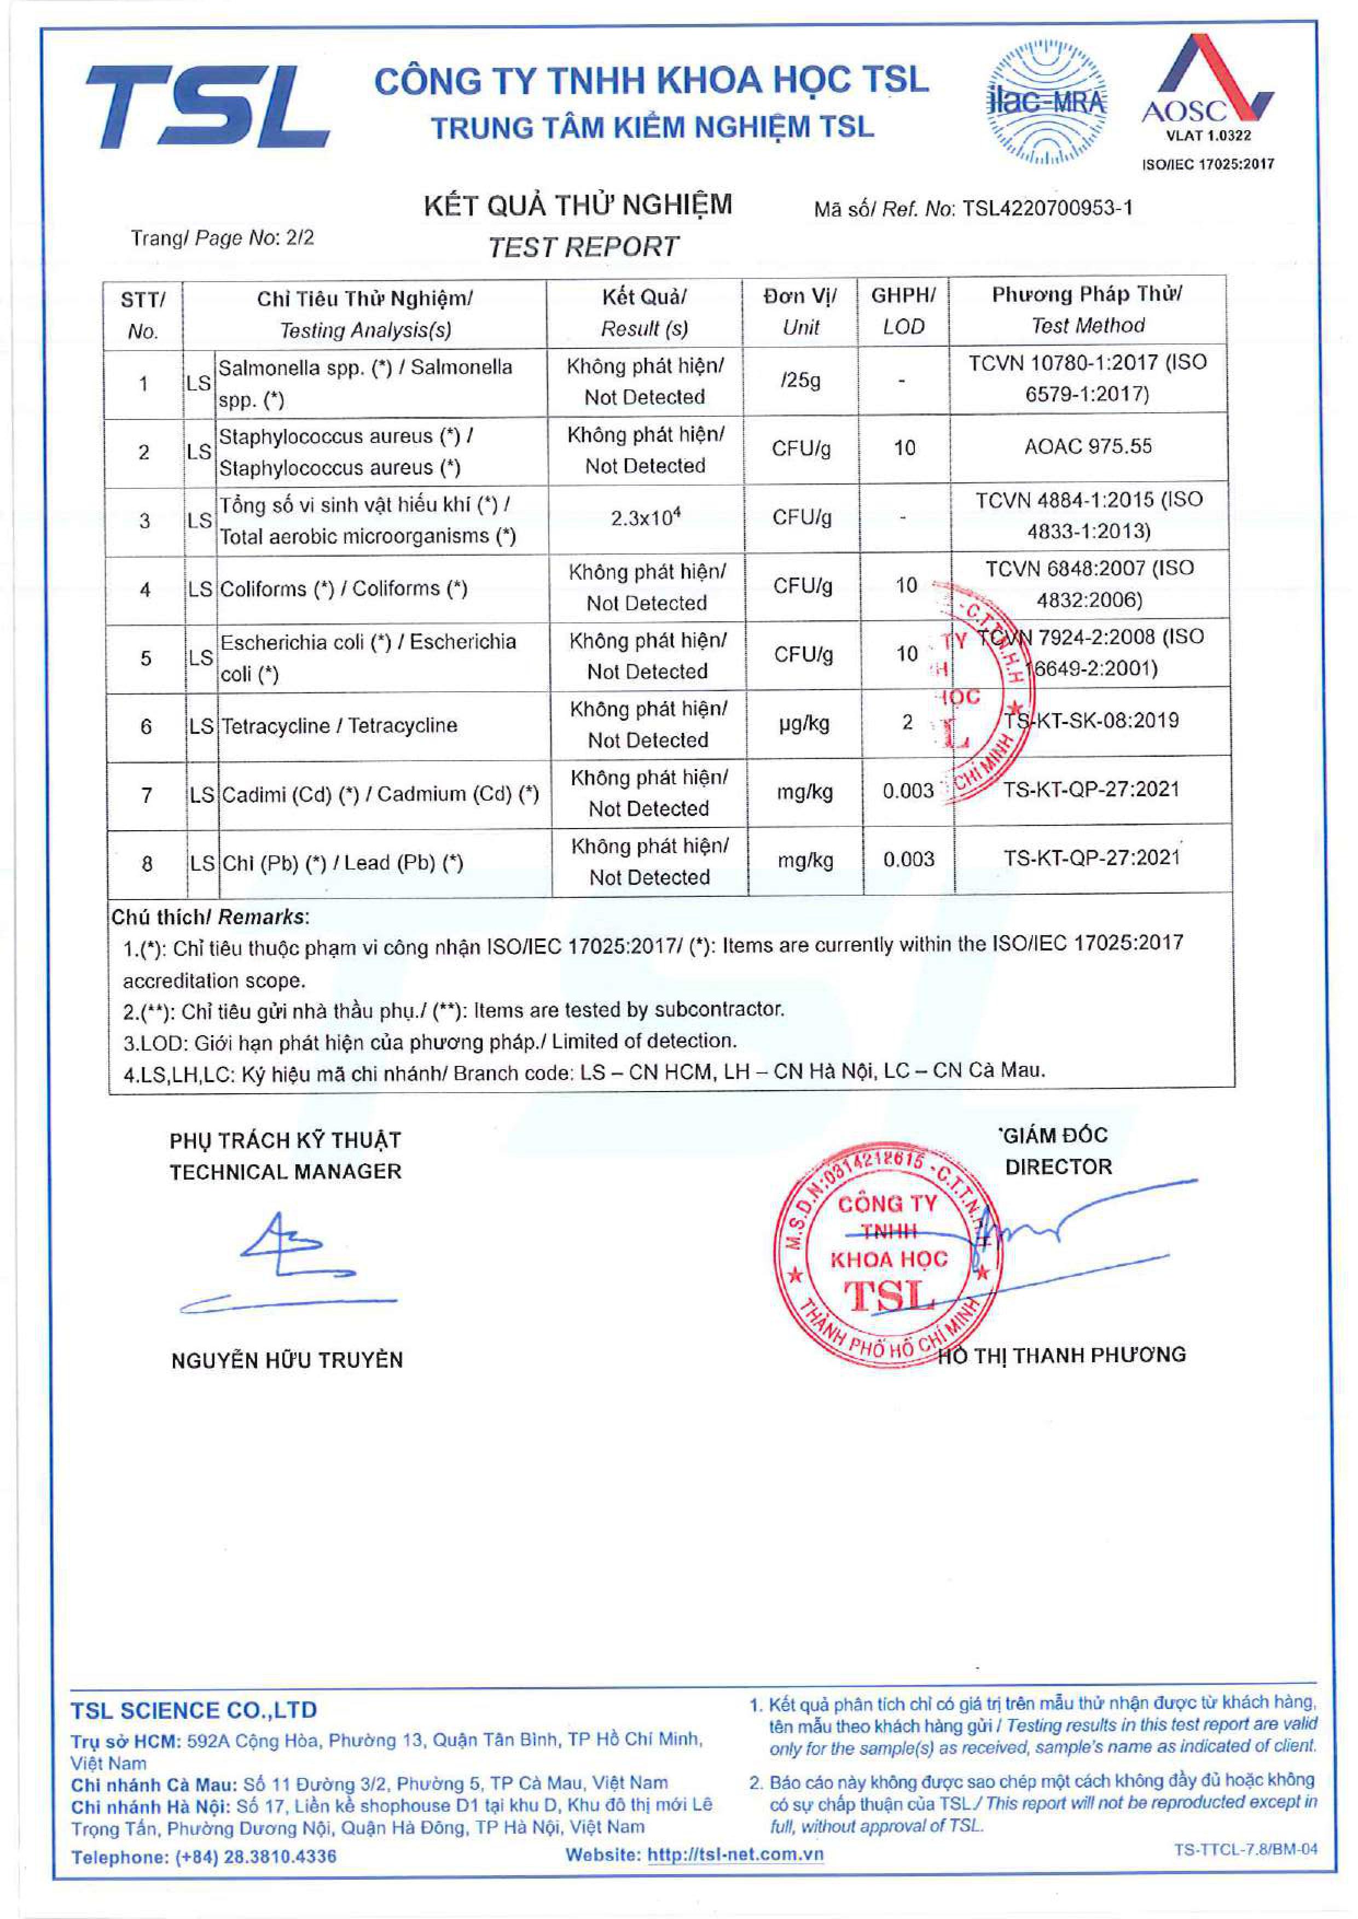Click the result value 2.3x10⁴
pos(645,518)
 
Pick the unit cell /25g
pos(800,381)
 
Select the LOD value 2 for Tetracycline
pos(907,722)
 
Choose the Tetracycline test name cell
pos(339,726)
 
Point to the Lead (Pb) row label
pos(342,862)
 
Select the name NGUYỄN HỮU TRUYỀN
pos(287,1361)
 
